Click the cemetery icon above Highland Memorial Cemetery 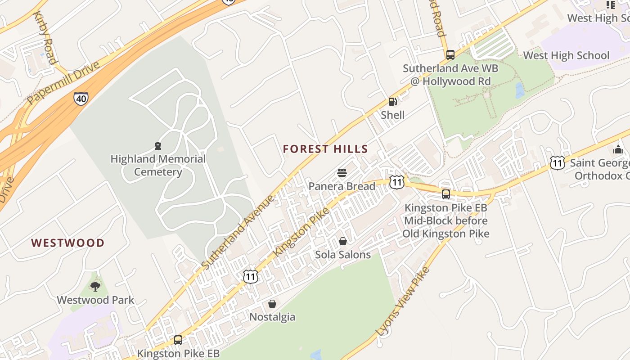click(x=158, y=146)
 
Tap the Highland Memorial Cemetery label click(x=158, y=165)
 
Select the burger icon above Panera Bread click(x=342, y=173)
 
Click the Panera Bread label click(x=342, y=186)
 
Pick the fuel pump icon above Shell click(x=392, y=102)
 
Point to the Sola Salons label click(x=343, y=255)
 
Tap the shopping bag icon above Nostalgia click(x=272, y=304)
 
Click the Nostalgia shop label click(x=272, y=317)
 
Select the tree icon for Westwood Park click(x=95, y=286)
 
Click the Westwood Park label click(x=95, y=300)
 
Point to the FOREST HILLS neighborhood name click(x=325, y=149)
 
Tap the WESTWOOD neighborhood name click(x=68, y=243)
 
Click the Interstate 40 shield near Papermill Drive click(x=81, y=98)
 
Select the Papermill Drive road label click(x=63, y=83)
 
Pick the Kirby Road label click(x=45, y=38)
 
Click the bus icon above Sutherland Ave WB click(x=450, y=55)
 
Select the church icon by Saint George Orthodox click(x=618, y=149)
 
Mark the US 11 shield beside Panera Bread click(x=396, y=182)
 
